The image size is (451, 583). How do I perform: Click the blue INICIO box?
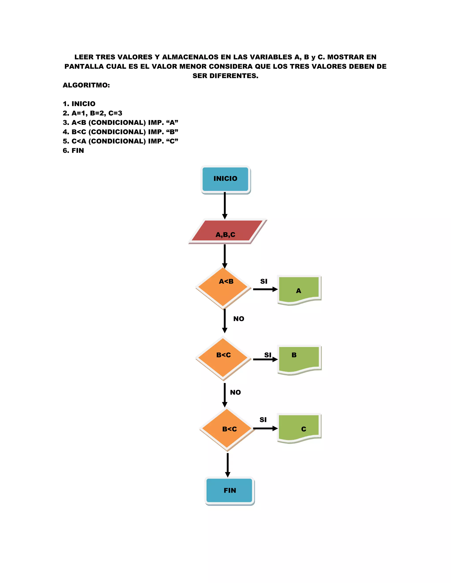pyautogui.click(x=225, y=179)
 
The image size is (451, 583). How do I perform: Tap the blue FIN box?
pyautogui.click(x=229, y=490)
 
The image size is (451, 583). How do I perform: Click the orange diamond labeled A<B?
pyautogui.click(x=223, y=288)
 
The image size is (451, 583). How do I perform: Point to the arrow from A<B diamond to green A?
pyautogui.click(x=265, y=289)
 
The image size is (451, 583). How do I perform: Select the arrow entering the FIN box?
pyautogui.click(x=228, y=464)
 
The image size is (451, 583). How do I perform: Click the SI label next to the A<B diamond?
pyautogui.click(x=264, y=281)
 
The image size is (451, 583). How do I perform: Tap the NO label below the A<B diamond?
pyautogui.click(x=238, y=319)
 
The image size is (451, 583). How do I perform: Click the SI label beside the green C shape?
pyautogui.click(x=263, y=420)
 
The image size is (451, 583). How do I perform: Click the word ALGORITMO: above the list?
pyautogui.click(x=86, y=85)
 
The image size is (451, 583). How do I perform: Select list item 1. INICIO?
pyautogui.click(x=79, y=104)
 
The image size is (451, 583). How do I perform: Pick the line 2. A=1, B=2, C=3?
pyautogui.click(x=92, y=113)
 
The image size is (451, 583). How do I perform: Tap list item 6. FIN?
pyautogui.click(x=74, y=150)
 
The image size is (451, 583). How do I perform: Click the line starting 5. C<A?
pyautogui.click(x=120, y=141)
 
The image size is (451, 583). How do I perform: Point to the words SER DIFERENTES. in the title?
pyautogui.click(x=225, y=76)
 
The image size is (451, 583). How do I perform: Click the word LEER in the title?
pyautogui.click(x=84, y=57)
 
